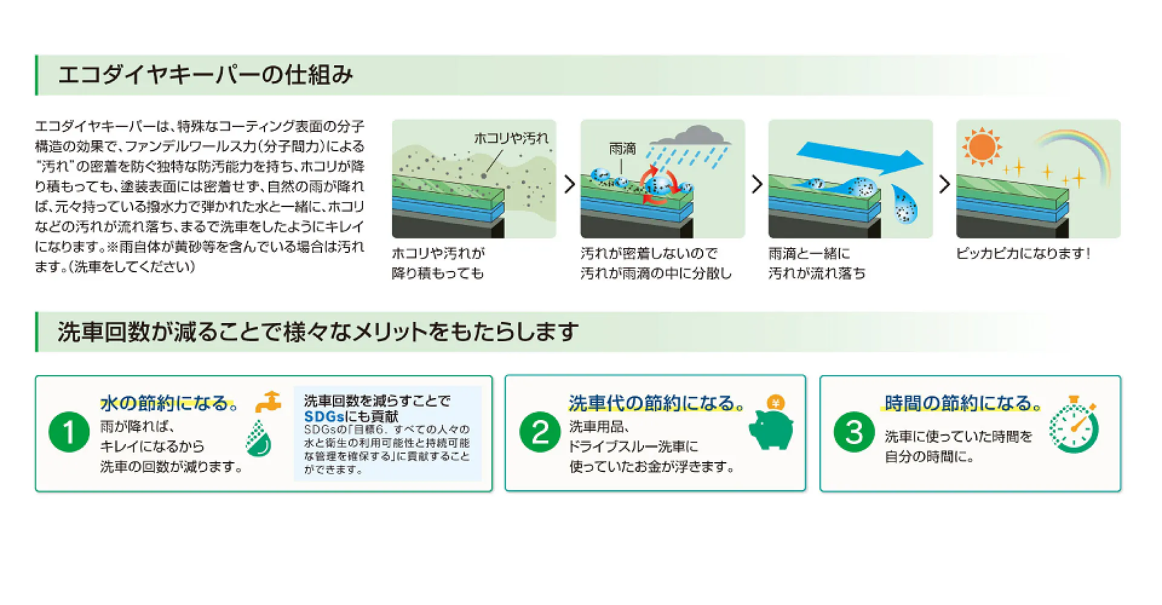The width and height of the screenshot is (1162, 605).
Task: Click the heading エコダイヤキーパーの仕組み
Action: [x=205, y=75]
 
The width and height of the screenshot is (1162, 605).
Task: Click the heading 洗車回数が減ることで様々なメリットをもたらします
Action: [x=318, y=332]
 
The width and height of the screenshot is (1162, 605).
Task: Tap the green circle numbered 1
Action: [x=69, y=432]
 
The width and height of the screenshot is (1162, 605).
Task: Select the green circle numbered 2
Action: [x=540, y=432]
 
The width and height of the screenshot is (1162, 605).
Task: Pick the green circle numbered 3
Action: [x=854, y=432]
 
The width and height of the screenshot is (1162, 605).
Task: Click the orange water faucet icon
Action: [x=268, y=402]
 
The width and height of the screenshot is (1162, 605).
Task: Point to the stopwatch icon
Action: [x=1074, y=425]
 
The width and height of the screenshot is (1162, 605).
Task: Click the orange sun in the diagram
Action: [x=982, y=146]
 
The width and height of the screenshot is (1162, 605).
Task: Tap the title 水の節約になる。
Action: [x=169, y=403]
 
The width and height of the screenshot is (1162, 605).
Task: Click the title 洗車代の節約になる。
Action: [x=657, y=403]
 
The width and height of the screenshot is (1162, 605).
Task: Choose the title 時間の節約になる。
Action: [x=963, y=403]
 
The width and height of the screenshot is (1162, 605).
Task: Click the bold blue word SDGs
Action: [x=324, y=416]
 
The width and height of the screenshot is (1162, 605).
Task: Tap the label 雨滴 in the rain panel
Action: [x=623, y=149]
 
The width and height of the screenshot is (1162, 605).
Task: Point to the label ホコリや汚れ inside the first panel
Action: [x=511, y=139]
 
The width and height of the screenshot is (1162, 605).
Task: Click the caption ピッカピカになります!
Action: [x=1023, y=253]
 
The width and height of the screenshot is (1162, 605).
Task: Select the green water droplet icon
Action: [x=259, y=438]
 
